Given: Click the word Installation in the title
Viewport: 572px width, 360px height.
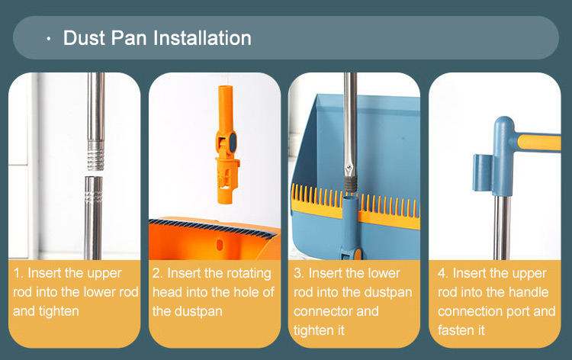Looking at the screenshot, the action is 202,38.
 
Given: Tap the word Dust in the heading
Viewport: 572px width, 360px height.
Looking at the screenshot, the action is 84,38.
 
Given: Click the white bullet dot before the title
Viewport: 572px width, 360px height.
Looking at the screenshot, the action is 49,38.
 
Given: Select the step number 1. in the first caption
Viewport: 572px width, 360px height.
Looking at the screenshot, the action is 18,273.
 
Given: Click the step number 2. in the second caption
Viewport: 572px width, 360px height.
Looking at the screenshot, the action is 158,273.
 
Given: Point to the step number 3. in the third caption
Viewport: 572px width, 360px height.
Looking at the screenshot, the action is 299,273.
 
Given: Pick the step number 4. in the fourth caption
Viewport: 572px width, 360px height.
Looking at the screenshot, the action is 443,273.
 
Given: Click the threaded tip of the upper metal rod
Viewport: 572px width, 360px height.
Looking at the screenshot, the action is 96,156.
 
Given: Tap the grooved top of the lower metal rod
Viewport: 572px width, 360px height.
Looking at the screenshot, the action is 93,190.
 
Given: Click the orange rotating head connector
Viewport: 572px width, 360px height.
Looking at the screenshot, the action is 227,145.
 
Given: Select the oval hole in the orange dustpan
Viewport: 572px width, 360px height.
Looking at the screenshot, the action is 220,245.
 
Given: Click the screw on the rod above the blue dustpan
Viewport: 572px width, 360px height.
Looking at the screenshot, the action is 349,168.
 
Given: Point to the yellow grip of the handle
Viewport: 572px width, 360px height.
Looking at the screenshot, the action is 539,143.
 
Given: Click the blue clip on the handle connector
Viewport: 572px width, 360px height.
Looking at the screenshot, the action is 482,172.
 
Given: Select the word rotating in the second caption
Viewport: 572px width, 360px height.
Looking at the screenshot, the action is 249,274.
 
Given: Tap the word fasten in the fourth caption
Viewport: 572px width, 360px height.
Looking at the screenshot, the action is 455,330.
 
